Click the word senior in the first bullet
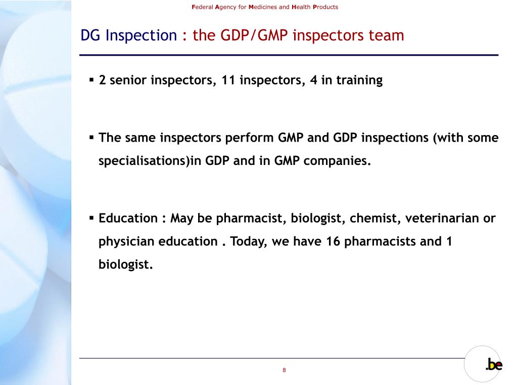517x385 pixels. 127,80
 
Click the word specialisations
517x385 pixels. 144,161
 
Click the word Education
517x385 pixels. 128,219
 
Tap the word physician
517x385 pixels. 126,241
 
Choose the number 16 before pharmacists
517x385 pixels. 333,241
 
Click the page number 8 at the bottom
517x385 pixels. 284,370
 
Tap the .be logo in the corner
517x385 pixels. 494,365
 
